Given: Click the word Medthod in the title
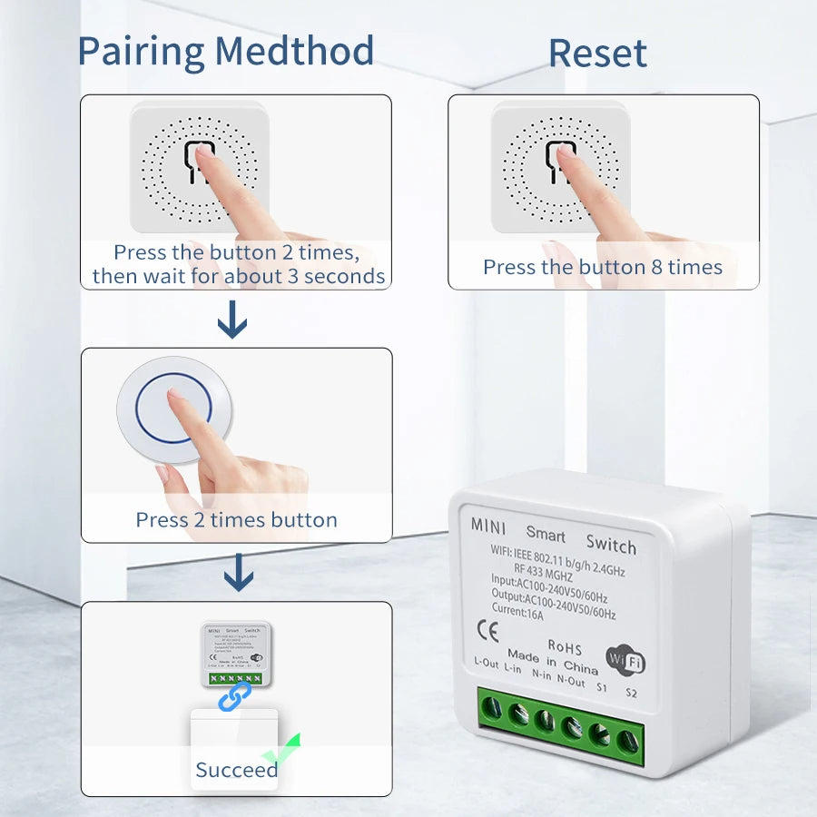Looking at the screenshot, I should [295, 51].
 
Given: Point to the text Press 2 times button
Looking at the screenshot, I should [236, 520].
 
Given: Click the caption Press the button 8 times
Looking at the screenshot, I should [603, 267].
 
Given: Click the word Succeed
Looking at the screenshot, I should [237, 770].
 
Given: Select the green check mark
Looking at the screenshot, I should [282, 750].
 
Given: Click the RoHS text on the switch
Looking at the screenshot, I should [565, 646].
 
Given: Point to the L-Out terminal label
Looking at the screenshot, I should [486, 663].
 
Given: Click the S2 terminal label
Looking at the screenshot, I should [631, 694].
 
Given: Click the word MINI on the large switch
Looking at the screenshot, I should [488, 525].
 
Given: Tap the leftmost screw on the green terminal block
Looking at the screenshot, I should [491, 707].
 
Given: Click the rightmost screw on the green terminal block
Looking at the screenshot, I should [626, 741].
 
